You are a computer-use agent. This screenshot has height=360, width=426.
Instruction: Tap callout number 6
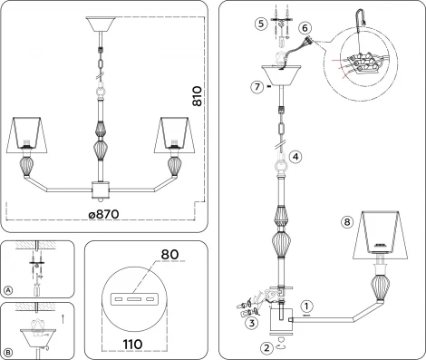click(x=304, y=30)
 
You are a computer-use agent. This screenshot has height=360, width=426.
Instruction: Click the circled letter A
click(x=8, y=290)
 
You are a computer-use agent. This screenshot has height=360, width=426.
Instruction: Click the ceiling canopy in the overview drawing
click(x=102, y=25)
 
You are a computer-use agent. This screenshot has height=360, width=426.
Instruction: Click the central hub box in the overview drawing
click(x=102, y=191)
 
